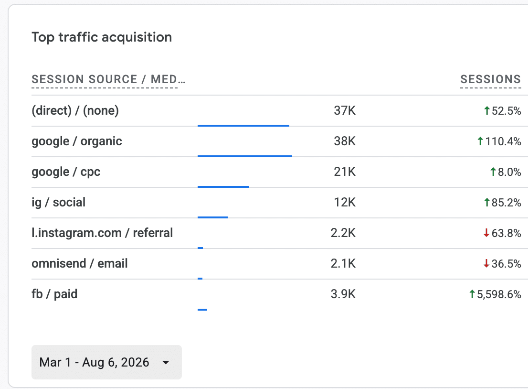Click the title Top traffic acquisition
[102, 37]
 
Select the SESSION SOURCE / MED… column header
[108, 79]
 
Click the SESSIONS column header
[491, 79]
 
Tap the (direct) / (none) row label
[75, 110]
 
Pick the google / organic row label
[77, 141]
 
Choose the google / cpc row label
[66, 172]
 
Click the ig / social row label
[59, 202]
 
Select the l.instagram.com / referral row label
[102, 233]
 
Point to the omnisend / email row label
[79, 263]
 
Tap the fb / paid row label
[54, 294]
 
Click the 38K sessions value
[345, 141]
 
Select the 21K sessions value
[345, 172]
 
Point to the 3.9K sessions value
[343, 294]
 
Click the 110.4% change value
[503, 141]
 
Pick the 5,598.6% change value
[499, 294]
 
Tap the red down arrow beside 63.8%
[486, 233]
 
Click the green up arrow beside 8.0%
[493, 172]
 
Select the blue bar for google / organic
[245, 156]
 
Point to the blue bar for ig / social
[213, 217]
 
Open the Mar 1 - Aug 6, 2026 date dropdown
[107, 362]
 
